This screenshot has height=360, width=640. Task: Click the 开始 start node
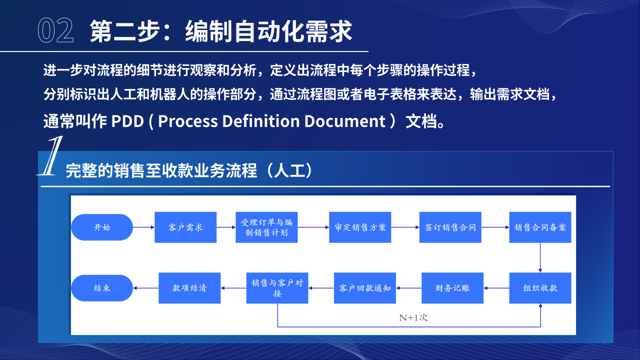[102, 227]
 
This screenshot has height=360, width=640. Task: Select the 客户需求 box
[185, 227]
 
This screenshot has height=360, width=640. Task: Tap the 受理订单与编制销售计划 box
[266, 227]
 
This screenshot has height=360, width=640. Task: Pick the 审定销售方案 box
[360, 227]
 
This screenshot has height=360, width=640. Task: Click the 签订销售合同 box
[450, 227]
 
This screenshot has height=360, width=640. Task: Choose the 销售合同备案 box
[540, 227]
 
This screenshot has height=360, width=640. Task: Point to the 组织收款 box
[540, 288]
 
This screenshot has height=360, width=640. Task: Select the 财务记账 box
[452, 288]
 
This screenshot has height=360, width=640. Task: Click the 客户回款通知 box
[365, 288]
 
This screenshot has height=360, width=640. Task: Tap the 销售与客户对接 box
[277, 288]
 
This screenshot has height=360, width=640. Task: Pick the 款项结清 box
[189, 288]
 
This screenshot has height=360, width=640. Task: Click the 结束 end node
[102, 288]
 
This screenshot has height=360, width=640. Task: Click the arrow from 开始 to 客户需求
[144, 227]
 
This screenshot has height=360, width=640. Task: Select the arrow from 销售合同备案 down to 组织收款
[540, 257]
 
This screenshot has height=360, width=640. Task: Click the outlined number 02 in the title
[55, 30]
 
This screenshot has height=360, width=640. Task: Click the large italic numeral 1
[50, 156]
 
